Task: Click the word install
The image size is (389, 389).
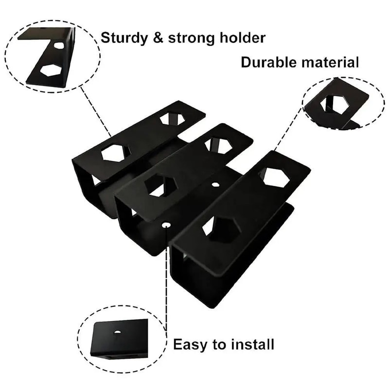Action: click(x=251, y=345)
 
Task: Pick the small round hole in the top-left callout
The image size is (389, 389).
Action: click(x=59, y=46)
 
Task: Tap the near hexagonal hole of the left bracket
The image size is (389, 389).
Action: click(x=116, y=153)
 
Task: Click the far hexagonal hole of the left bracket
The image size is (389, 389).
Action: click(x=169, y=118)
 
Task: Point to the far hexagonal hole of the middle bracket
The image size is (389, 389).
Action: click(x=217, y=145)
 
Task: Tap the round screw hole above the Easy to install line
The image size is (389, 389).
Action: click(x=167, y=225)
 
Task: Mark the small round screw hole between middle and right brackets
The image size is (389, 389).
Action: click(x=215, y=185)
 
